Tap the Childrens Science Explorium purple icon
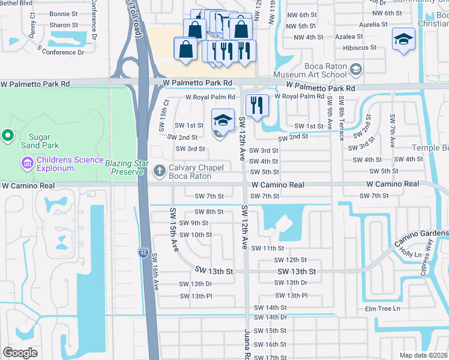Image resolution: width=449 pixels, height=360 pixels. click(26, 163)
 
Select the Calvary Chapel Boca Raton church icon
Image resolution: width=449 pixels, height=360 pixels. click(160, 171)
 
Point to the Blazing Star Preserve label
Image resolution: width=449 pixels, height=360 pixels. click(125, 167)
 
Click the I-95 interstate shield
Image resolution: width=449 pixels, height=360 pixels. click(142, 254)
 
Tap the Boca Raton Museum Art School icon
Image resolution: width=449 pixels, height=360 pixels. click(356, 70)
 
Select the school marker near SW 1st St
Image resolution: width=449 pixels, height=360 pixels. click(223, 119)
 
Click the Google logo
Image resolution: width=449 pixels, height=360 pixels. click(20, 353)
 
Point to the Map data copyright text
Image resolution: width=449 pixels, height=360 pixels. click(423, 355)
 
